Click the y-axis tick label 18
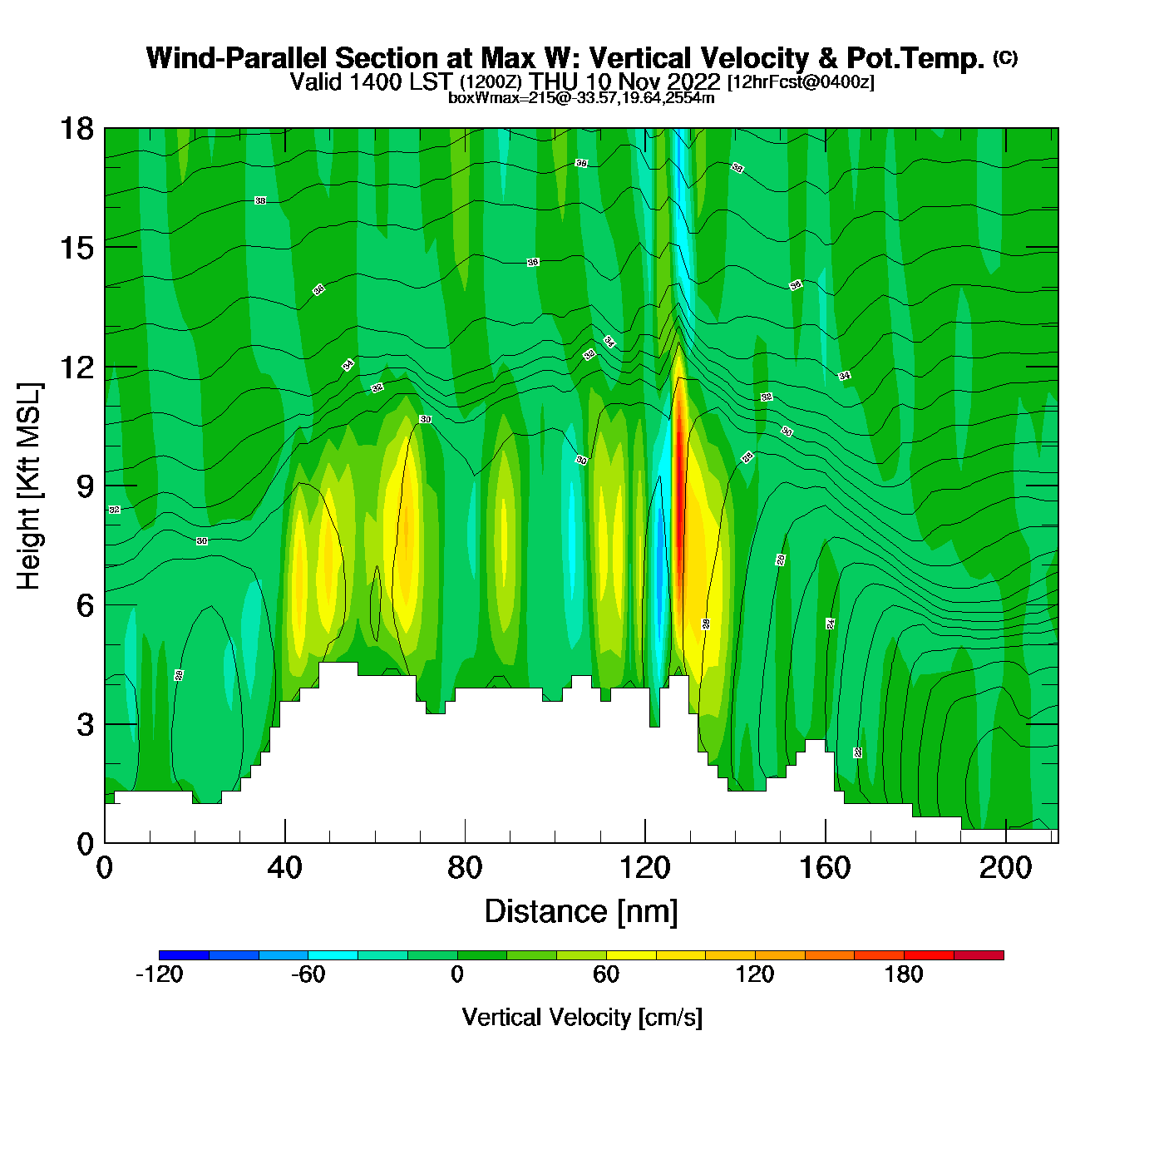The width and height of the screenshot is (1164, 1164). [76, 129]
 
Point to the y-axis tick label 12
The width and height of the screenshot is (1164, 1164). [76, 367]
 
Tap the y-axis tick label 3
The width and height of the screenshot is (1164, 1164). [84, 725]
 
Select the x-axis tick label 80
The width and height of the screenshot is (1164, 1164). [465, 868]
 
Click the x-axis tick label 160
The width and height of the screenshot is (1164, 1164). [825, 868]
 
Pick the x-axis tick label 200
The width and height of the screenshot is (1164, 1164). [1005, 868]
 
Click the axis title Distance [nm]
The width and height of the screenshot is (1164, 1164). [581, 912]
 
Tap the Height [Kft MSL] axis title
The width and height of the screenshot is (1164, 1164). [29, 486]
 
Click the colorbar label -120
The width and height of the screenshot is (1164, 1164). [159, 974]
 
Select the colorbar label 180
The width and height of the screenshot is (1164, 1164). [904, 974]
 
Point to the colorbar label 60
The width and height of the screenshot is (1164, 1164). [606, 974]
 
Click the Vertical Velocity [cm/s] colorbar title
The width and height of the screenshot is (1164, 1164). [582, 1018]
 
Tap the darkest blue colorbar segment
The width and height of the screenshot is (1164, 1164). [184, 955]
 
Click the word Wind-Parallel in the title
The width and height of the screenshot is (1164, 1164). [238, 58]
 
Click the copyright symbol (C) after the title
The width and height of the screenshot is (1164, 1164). [1005, 57]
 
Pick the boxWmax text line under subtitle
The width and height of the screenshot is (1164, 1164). [581, 97]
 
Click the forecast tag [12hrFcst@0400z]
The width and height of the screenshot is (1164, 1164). [801, 82]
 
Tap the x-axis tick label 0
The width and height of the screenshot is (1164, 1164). [105, 868]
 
